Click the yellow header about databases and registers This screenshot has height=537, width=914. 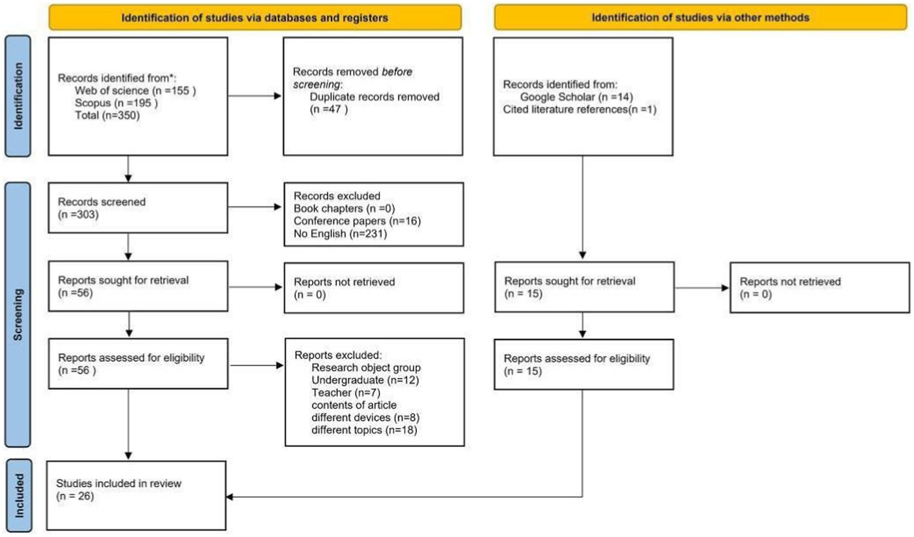(x=254, y=18)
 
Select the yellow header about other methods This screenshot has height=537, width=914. (x=700, y=18)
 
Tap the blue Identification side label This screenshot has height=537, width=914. (x=18, y=96)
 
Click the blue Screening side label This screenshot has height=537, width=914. (x=18, y=314)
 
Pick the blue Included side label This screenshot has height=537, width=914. (x=19, y=495)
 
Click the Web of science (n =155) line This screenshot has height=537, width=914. (x=135, y=90)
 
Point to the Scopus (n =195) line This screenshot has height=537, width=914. (x=116, y=103)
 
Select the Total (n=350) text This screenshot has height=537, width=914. (x=107, y=115)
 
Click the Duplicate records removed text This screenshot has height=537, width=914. (x=374, y=97)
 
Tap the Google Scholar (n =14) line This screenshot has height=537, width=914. (x=576, y=97)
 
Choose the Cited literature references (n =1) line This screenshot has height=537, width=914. (x=579, y=110)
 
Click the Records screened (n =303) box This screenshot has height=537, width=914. (x=138, y=208)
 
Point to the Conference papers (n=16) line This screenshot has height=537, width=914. (x=357, y=221)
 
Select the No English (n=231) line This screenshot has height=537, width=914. (x=340, y=233)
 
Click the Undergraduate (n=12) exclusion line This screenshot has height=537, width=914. (x=365, y=380)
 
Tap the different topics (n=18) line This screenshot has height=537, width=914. (x=364, y=430)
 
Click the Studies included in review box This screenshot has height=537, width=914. (x=136, y=495)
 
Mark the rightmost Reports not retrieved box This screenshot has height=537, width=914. (x=819, y=288)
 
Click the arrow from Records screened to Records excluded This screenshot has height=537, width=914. (x=255, y=207)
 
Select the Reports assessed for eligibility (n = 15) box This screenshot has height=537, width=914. (x=584, y=364)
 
